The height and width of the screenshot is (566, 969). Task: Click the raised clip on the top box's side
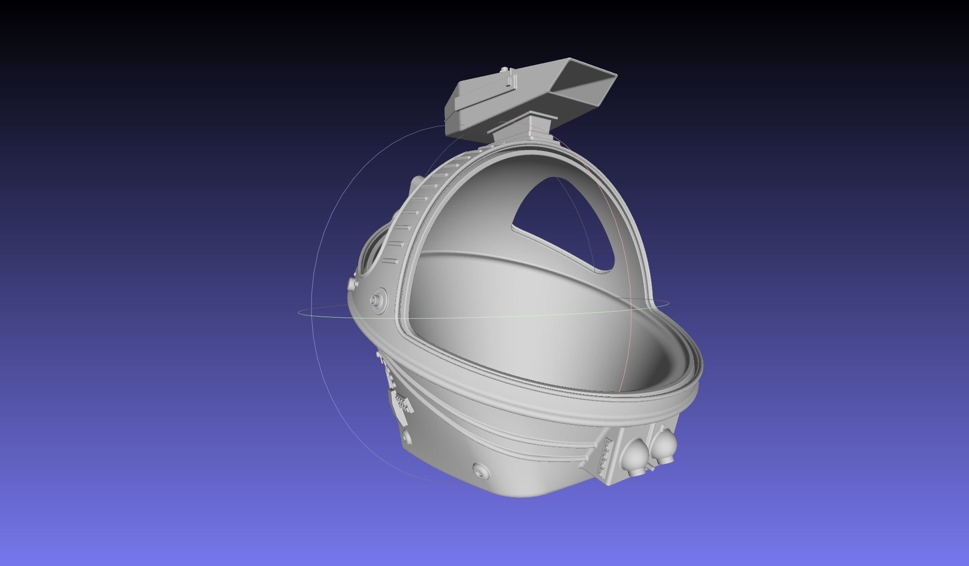pyautogui.click(x=510, y=83)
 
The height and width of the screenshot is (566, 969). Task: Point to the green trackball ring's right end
pyautogui.click(x=668, y=304)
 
